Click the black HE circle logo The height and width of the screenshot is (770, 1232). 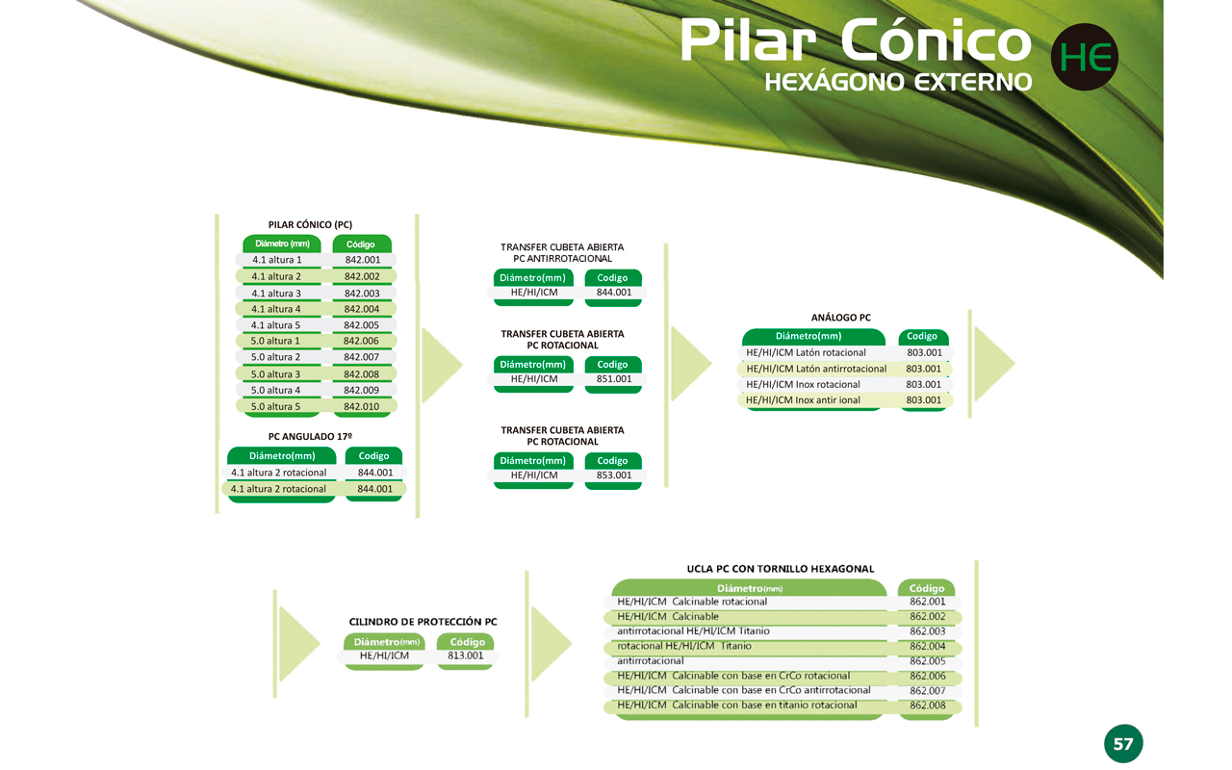[1084, 57]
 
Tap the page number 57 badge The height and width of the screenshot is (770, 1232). [1123, 744]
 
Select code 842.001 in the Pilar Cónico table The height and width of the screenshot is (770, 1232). [363, 260]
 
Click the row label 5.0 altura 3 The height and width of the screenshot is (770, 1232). [275, 374]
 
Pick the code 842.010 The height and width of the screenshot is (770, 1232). [361, 406]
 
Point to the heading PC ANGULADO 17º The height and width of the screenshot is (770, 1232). [310, 436]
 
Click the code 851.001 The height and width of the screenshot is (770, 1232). [614, 379]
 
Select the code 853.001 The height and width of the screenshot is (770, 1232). [614, 475]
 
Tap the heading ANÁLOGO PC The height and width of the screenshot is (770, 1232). [841, 318]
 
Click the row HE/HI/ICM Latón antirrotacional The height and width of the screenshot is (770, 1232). [816, 369]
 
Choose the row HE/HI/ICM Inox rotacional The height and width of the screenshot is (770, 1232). [803, 384]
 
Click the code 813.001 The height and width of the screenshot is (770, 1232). [465, 655]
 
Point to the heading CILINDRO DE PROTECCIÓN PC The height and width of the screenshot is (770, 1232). [423, 622]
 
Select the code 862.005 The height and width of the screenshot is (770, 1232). [927, 661]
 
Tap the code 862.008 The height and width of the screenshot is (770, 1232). [927, 706]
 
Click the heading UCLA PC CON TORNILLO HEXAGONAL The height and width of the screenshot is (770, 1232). [781, 569]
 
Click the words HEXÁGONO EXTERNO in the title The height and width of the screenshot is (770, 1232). [898, 82]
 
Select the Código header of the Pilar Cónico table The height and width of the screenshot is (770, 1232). [361, 244]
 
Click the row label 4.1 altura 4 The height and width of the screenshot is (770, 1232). [276, 309]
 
